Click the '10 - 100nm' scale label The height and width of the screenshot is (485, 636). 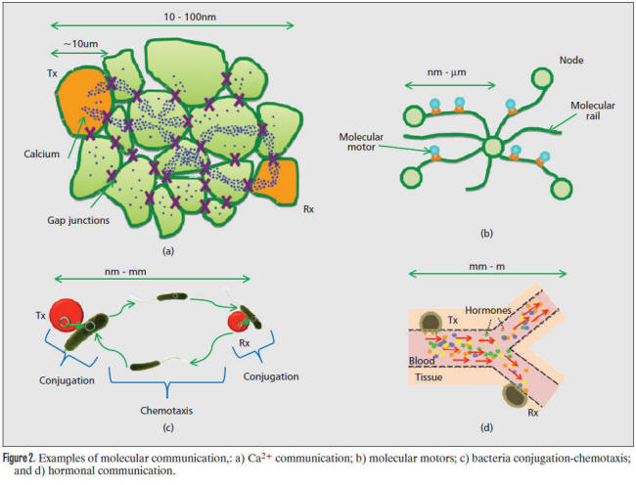click(190, 17)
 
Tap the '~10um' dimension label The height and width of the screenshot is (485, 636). click(80, 44)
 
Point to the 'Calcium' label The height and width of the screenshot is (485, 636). click(41, 154)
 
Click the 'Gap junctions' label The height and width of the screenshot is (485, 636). click(78, 220)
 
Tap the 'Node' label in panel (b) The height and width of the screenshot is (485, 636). click(571, 61)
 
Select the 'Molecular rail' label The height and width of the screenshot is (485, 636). click(593, 110)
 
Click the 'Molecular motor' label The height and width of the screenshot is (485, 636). click(361, 142)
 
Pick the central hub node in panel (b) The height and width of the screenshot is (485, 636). click(493, 147)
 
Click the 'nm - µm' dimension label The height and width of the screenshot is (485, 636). click(446, 72)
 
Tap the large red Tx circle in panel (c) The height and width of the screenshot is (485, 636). click(67, 315)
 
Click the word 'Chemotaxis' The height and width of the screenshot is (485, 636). click(166, 411)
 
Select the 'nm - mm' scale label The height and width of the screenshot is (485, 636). click(125, 272)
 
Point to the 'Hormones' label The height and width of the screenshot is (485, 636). click(488, 310)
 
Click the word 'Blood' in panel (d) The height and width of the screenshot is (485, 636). click(422, 361)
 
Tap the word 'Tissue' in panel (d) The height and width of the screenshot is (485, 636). click(429, 377)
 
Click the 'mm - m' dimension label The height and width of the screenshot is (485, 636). click(486, 267)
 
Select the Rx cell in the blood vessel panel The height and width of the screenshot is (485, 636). click(515, 395)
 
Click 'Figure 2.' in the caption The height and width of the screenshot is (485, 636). click(20, 459)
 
